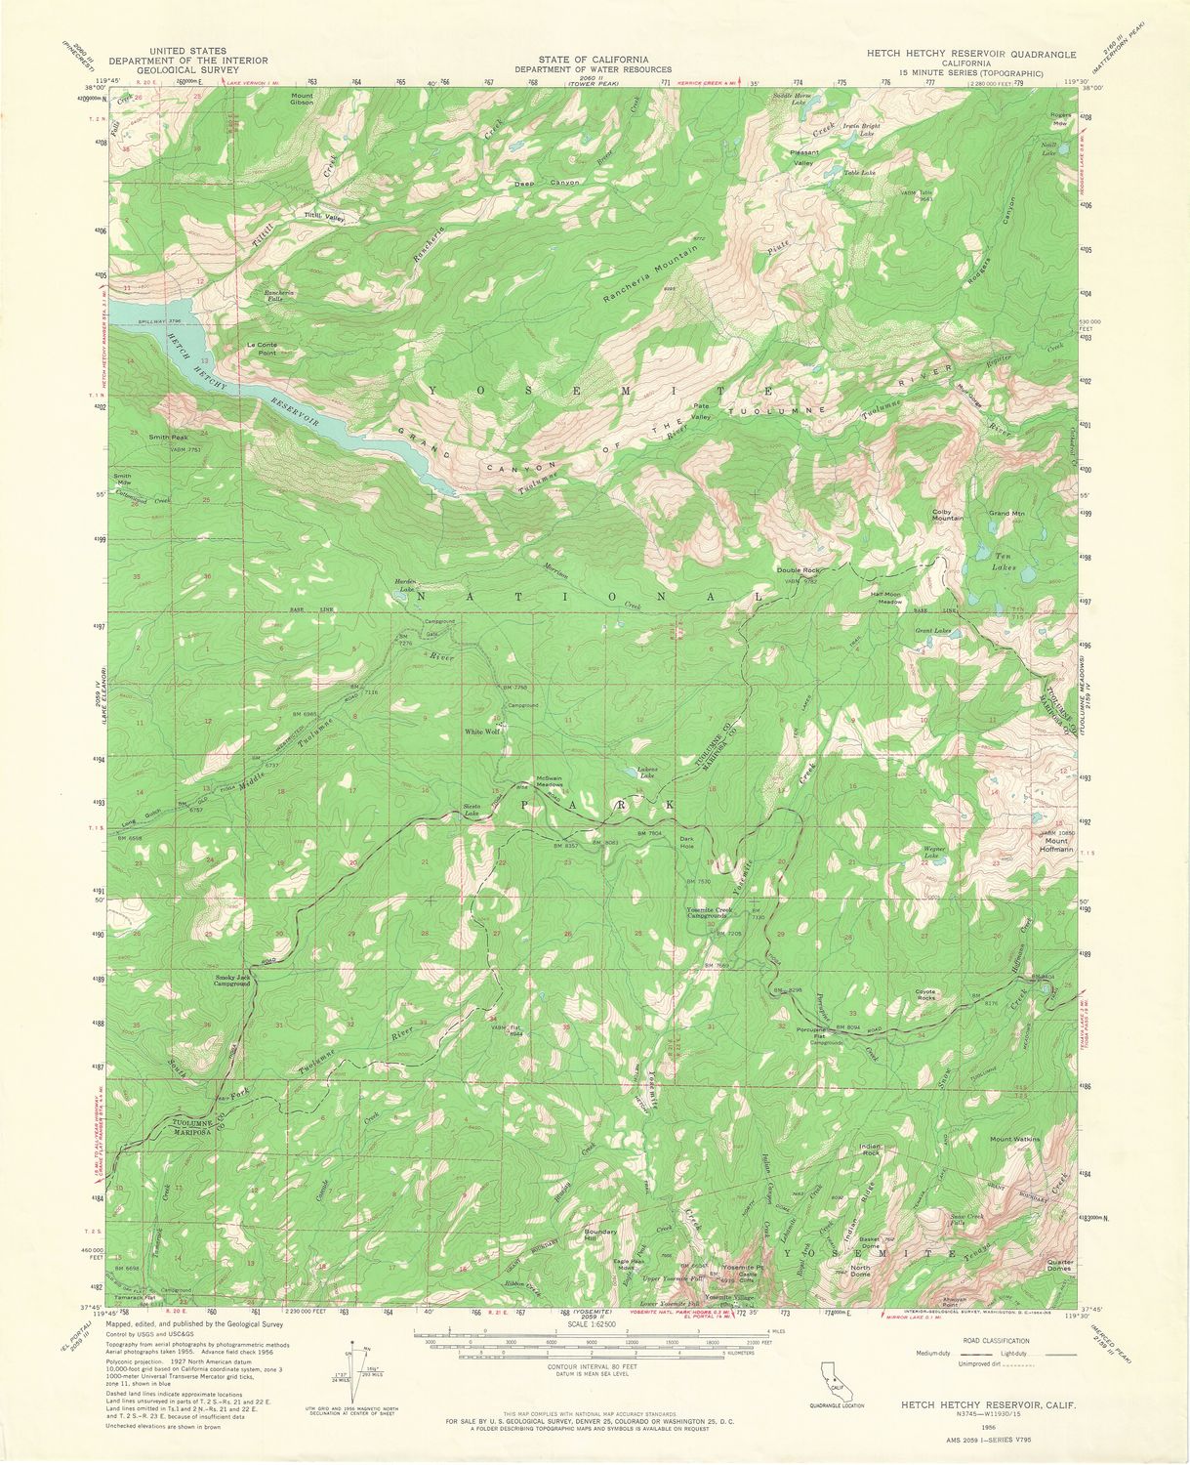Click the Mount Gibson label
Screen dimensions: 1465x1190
302,99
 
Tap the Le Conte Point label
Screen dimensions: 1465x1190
263,349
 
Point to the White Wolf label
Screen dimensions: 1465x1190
481,731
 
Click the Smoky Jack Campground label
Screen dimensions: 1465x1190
232,981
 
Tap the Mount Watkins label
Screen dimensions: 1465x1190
1015,1139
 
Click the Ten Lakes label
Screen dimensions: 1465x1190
1005,561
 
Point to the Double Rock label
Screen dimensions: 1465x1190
798,570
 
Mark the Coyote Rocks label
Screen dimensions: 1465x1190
924,995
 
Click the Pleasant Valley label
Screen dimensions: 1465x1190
803,158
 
